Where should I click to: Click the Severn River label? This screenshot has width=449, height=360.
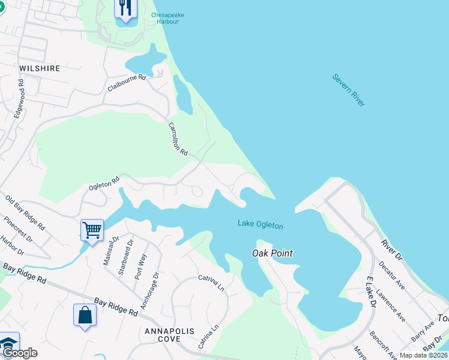pos(349,91)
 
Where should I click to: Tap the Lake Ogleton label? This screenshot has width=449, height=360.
pos(260,224)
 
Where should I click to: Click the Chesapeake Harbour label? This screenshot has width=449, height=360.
pos(157,17)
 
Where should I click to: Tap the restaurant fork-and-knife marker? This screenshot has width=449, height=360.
pos(125,8)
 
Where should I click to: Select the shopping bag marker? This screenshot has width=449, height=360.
pos(85,314)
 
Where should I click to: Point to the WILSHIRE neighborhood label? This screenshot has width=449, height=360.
pos(40,68)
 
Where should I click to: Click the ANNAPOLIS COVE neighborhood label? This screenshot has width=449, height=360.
pos(163,335)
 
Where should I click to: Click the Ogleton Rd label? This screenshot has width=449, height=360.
pos(104,182)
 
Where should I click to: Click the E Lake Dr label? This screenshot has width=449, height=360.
pos(370,293)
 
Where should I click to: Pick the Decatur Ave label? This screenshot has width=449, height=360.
pos(391,276)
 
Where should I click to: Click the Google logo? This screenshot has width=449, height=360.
pos(19,353)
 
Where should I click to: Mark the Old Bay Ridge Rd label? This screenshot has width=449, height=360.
pos(25,213)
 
